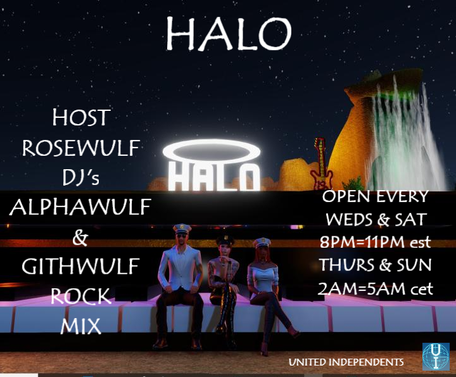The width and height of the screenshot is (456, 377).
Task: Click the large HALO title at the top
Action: pyautogui.click(x=229, y=34)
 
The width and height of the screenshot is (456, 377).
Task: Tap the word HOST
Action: pyautogui.click(x=81, y=117)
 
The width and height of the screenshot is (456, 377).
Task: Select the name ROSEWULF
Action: pyautogui.click(x=81, y=148)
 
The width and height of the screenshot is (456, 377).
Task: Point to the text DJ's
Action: pyautogui.click(x=81, y=177)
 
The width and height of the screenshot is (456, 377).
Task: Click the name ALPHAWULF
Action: pyautogui.click(x=80, y=207)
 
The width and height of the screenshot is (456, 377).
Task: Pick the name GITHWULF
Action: pyautogui.click(x=80, y=266)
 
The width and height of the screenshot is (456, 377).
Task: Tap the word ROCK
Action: pyautogui.click(x=81, y=296)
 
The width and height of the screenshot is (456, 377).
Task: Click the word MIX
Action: pyautogui.click(x=81, y=326)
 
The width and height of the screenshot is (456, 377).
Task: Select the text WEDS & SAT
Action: pyautogui.click(x=376, y=219)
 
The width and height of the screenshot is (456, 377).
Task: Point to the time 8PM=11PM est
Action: pyautogui.click(x=375, y=242)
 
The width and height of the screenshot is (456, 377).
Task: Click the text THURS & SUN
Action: pyautogui.click(x=375, y=265)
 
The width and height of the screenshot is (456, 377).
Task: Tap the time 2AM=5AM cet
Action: pyautogui.click(x=375, y=288)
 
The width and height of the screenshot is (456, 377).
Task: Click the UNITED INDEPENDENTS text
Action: pyautogui.click(x=346, y=362)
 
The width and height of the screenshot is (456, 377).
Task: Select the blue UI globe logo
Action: pyautogui.click(x=436, y=357)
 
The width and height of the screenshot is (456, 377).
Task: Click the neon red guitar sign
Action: pyautogui.click(x=321, y=164)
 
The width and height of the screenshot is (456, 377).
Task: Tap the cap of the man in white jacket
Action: pyautogui.click(x=182, y=228)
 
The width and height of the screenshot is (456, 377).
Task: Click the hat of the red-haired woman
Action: pyautogui.click(x=262, y=243)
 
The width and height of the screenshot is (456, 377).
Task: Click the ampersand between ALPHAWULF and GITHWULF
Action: pyautogui.click(x=80, y=237)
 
